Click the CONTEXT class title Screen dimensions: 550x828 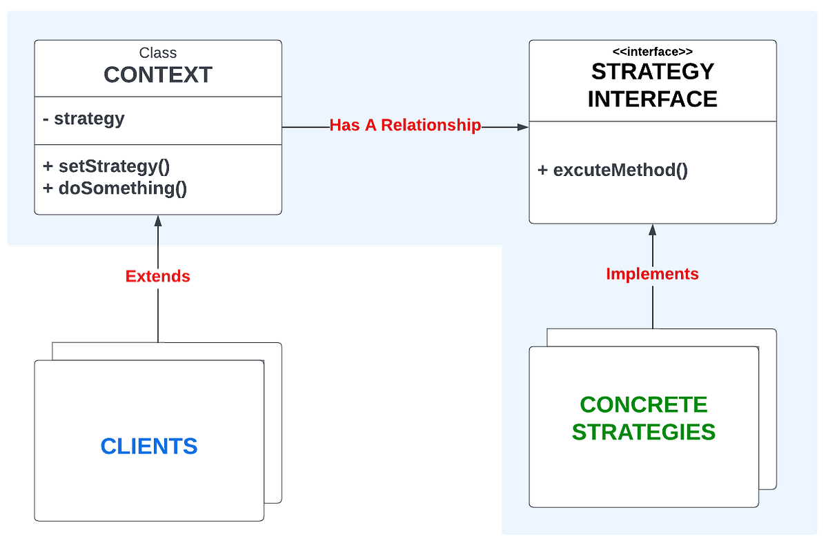pos(158,75)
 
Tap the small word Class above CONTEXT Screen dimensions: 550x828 pos(158,52)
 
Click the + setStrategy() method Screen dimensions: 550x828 pos(106,166)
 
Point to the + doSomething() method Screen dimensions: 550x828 pos(115,188)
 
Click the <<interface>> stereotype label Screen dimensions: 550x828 pos(652,51)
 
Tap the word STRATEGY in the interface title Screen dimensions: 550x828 pos(652,71)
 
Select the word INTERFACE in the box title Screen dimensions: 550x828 pos(652,99)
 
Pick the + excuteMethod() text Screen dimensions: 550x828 pos(612,170)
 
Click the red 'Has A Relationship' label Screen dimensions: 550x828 pos(405,126)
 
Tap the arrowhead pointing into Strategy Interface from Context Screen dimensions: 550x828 pos(523,127)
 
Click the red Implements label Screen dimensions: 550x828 pos(652,274)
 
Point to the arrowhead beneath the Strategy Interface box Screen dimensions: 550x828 pos(652,229)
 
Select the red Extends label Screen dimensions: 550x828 pos(158,276)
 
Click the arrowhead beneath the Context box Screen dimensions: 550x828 pos(158,221)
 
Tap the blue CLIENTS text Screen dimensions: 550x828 pos(149,446)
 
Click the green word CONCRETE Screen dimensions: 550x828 pos(644,404)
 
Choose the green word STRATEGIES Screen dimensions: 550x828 pos(644,432)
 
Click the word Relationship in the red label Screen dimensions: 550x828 pos(431,126)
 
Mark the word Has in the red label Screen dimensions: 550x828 pos(342,126)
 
